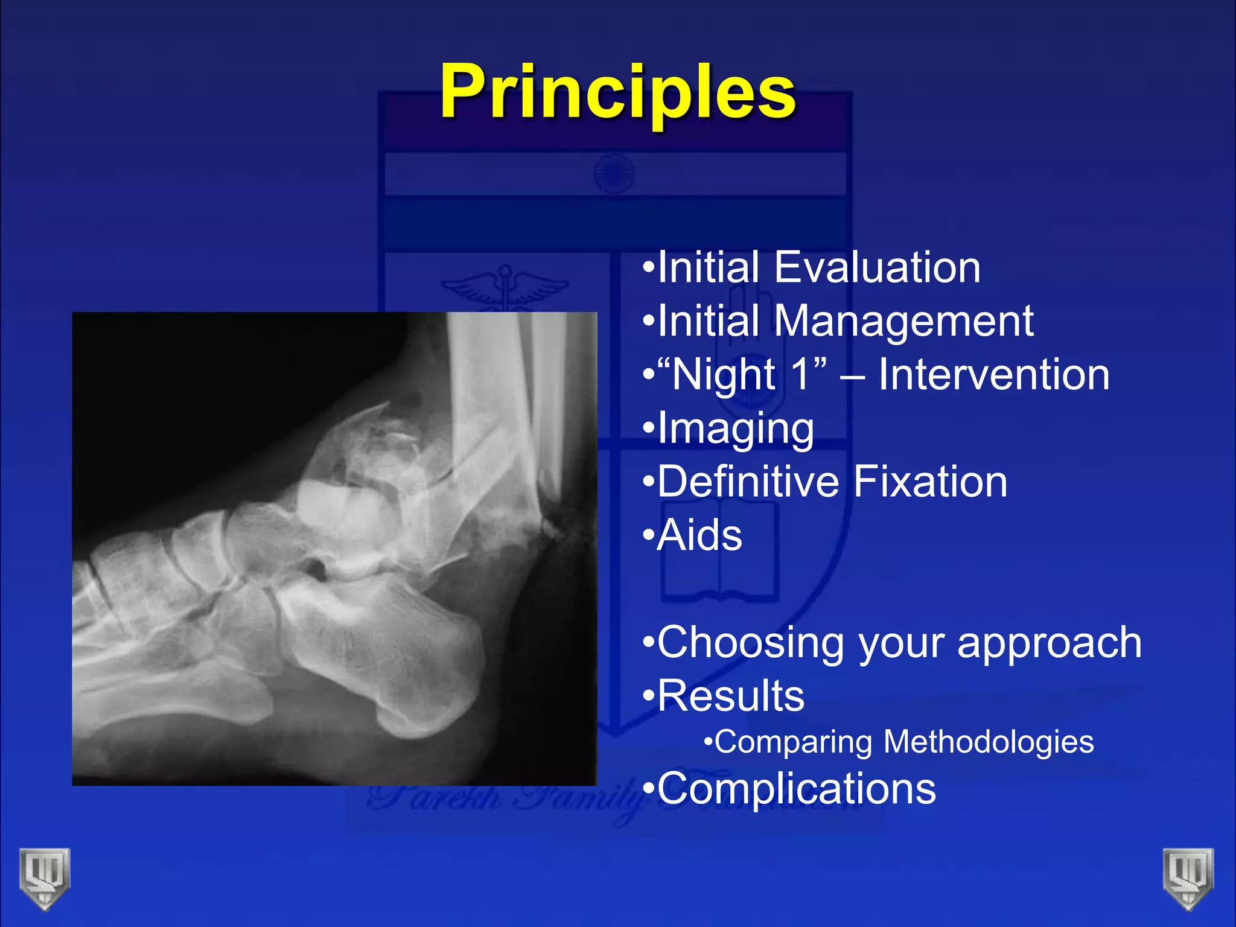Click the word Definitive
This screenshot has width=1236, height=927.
pyautogui.click(x=748, y=482)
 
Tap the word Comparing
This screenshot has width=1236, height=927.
pyautogui.click(x=793, y=743)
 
